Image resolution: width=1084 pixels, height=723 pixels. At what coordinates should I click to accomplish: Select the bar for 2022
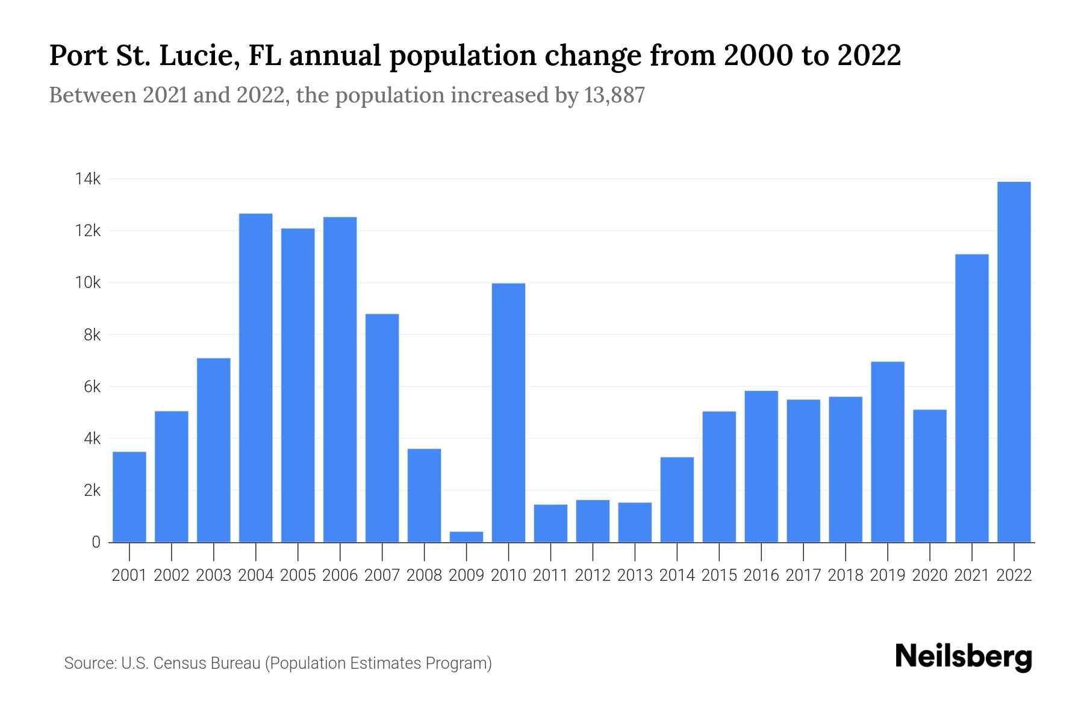tap(1014, 361)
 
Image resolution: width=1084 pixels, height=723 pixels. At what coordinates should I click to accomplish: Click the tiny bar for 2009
tap(466, 537)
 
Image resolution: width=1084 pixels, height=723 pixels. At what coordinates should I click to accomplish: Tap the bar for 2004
tap(255, 378)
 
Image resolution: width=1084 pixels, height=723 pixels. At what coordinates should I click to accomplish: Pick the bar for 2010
tap(508, 413)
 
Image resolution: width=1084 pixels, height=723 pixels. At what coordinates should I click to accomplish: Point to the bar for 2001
tap(129, 497)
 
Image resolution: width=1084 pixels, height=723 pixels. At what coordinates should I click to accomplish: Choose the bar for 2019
tap(888, 452)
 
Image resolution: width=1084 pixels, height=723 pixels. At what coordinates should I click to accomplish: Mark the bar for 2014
tap(677, 499)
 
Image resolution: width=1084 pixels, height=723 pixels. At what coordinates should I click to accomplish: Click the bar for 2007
tap(382, 428)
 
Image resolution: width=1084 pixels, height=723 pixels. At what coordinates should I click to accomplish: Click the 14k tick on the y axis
tap(87, 179)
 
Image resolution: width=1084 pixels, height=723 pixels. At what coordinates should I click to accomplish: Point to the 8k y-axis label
tap(92, 335)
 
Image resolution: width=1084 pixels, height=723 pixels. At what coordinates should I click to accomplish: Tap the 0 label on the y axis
tap(96, 542)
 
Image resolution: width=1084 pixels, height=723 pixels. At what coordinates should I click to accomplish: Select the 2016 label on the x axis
tap(761, 575)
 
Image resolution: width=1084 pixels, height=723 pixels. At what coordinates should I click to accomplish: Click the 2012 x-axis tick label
tap(593, 575)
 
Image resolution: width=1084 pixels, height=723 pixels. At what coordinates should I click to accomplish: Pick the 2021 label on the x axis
tap(972, 575)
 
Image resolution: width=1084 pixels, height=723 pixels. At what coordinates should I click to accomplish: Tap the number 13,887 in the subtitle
tap(614, 95)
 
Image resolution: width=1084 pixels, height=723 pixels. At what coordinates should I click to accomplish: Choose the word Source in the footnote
tap(90, 663)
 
